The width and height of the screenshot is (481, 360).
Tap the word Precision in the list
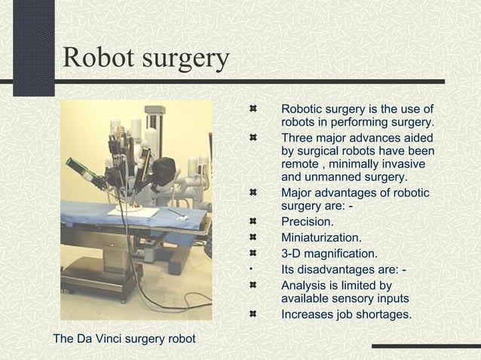[x=307, y=221]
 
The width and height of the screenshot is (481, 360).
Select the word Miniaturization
[x=321, y=237]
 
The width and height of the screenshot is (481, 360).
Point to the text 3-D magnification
[x=329, y=254]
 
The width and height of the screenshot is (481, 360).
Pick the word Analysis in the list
[x=304, y=285]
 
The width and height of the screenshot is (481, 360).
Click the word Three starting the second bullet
[x=298, y=138]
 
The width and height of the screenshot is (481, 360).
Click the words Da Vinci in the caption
[x=102, y=338]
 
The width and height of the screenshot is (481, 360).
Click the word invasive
[x=403, y=164]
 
